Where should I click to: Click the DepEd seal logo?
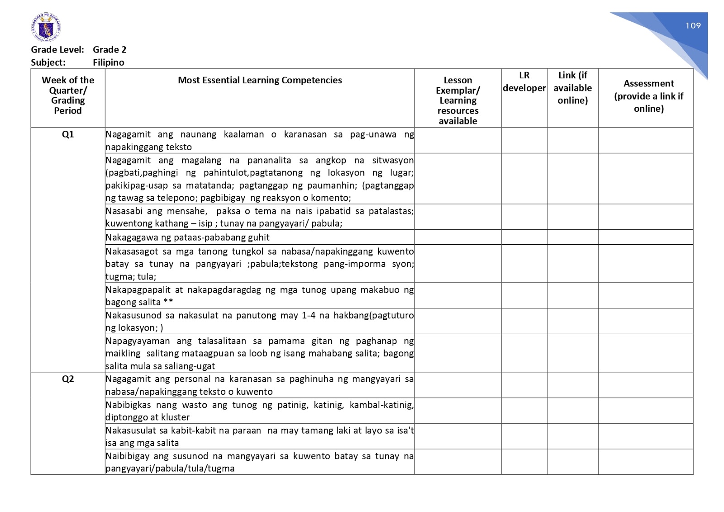[46, 28]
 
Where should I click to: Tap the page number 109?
[693, 26]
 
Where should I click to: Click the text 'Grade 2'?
[110, 50]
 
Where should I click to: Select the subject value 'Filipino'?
[108, 62]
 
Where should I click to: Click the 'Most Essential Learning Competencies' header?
[260, 81]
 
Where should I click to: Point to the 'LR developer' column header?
[524, 82]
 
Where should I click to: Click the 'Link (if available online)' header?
[572, 88]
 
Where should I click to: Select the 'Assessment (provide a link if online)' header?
[648, 96]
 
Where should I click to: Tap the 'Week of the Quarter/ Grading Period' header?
[68, 95]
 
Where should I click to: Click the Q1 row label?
[68, 134]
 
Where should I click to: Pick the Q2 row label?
[68, 379]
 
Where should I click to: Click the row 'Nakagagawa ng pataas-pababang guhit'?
[187, 237]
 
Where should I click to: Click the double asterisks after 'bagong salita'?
[168, 302]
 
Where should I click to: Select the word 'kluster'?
[175, 417]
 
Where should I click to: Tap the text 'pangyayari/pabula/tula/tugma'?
[170, 469]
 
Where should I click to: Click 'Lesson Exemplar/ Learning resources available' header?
[457, 100]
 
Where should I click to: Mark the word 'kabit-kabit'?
[193, 431]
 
